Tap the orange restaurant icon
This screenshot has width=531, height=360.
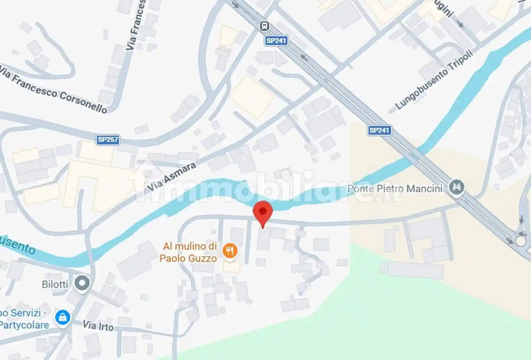coord(230,251)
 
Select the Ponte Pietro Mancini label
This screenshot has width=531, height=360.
coord(395,189)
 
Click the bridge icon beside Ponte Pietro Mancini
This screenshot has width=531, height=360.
coord(456,187)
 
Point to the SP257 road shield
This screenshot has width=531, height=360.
coord(108,140)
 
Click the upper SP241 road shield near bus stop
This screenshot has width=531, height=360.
coord(276,41)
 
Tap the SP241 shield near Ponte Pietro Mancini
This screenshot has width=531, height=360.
coord(379,130)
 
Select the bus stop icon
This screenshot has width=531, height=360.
coord(264,26)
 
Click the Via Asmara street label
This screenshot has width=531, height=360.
coord(171,177)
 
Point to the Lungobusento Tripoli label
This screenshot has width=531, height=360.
coord(434,80)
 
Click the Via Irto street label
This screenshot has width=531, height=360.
coord(98,325)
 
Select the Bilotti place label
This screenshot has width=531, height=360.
coord(55,284)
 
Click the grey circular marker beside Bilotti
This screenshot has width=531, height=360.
coord(82,283)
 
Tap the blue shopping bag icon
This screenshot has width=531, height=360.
coord(63,318)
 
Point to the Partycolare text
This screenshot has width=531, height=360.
coord(24,325)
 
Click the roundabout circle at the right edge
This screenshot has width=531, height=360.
coord(520,241)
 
